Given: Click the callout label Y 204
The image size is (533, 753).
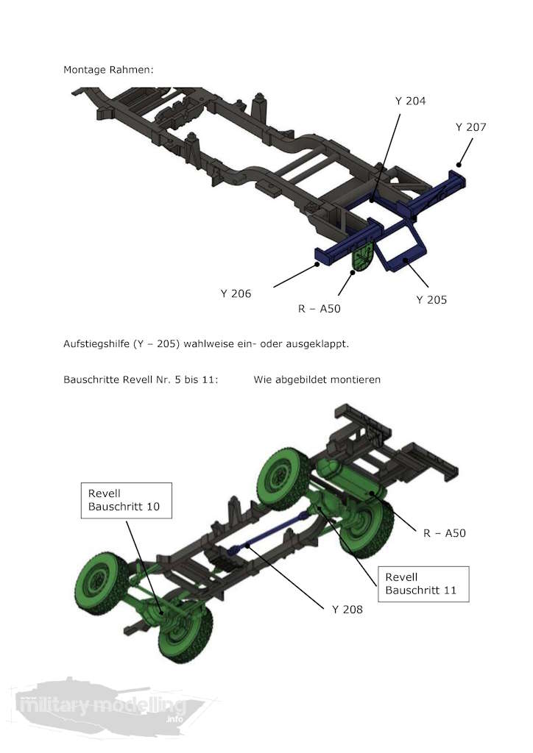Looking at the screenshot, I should (410, 101).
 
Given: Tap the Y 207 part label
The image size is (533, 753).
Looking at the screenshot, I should (470, 127).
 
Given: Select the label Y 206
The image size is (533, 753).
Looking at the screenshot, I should (236, 293).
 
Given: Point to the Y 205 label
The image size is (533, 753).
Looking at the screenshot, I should (431, 299).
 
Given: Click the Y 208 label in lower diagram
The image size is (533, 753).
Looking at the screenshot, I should (347, 609).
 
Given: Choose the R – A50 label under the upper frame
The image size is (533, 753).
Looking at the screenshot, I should (319, 309).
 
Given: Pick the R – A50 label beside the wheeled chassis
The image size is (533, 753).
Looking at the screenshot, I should (444, 533).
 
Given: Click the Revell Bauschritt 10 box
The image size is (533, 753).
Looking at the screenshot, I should (125, 500).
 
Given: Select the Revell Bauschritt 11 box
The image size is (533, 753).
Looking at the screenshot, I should (422, 584).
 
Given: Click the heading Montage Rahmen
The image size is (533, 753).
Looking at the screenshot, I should (108, 70).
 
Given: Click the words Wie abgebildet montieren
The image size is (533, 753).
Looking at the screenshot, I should (317, 380).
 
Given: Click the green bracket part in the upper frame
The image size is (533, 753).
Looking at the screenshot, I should (361, 258).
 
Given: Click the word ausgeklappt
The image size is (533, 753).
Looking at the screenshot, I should (320, 343).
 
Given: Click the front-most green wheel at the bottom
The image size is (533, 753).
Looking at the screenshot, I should (184, 634).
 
